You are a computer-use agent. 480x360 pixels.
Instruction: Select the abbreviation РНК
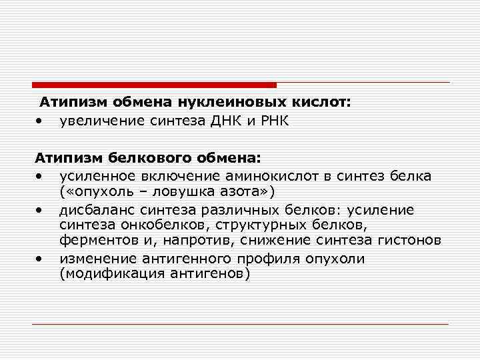pos(270,121)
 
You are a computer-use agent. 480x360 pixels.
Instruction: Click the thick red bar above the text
pos(154,85)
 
